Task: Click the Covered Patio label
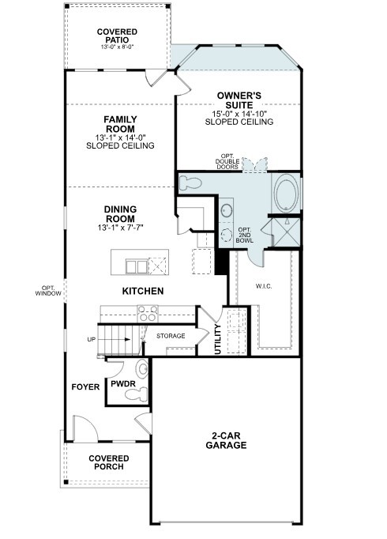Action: pos(117,36)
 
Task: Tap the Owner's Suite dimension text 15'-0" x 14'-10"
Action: pos(239,114)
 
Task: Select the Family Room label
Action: pos(120,124)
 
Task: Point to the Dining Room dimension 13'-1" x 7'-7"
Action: pos(120,228)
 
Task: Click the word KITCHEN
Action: pos(143,291)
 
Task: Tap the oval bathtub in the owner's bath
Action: pos(287,193)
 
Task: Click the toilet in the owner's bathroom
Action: pos(190,183)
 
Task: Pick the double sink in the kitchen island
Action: pos(137,267)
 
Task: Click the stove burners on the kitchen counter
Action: pos(148,314)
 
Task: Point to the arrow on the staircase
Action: pos(117,340)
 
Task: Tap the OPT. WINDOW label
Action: pos(48,291)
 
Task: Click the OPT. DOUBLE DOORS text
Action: pos(227,161)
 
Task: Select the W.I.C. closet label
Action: pos(264,286)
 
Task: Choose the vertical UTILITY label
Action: pos(218,339)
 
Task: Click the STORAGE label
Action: pos(171,336)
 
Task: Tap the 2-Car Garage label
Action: pos(226,440)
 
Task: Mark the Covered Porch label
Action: pos(109,462)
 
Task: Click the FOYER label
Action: pos(85,387)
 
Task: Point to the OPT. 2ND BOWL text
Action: pos(245,236)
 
